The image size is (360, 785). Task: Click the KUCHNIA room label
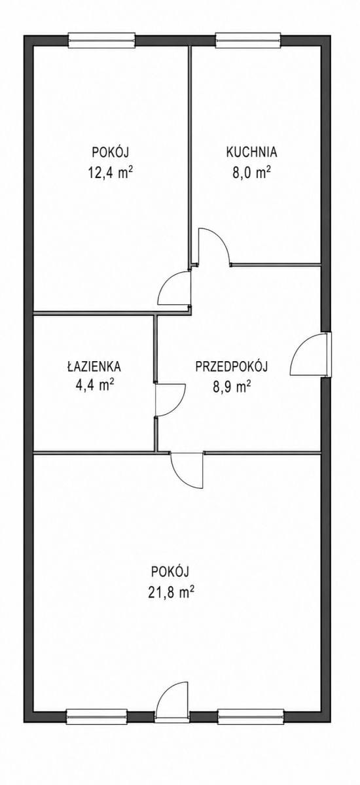click(x=252, y=152)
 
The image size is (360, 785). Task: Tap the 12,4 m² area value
click(x=110, y=173)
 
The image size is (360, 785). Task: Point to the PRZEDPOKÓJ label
click(x=231, y=366)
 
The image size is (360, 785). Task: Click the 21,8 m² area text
click(x=171, y=592)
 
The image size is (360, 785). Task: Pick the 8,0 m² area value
click(x=252, y=173)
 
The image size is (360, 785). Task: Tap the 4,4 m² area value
click(x=94, y=385)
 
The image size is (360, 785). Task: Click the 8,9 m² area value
click(x=231, y=387)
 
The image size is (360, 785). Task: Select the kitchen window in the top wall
click(x=248, y=40)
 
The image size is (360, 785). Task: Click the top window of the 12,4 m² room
click(x=101, y=40)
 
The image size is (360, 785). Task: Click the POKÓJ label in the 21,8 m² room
click(x=170, y=572)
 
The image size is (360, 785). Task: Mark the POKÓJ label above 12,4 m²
click(x=111, y=152)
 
